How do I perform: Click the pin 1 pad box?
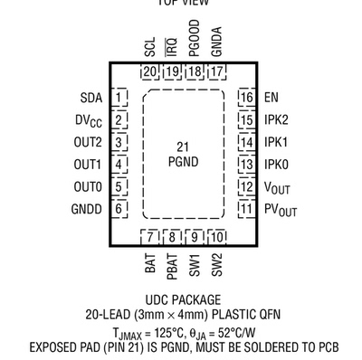[x=119, y=97]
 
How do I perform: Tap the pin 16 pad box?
[x=245, y=97]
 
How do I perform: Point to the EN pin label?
[x=271, y=97]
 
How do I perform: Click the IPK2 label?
[x=277, y=118]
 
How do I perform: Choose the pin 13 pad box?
[x=245, y=164]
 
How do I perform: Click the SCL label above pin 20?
[x=149, y=46]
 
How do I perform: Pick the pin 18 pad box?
[x=194, y=72]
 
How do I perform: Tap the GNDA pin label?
[x=215, y=43]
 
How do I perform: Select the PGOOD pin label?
[x=194, y=40]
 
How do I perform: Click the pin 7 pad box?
[x=150, y=237]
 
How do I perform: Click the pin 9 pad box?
[x=194, y=237]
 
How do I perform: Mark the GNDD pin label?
[x=88, y=208]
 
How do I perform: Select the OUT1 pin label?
[x=88, y=164]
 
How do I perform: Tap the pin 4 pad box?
[x=119, y=164]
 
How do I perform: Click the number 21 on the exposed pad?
[x=182, y=146]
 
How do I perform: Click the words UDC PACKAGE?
[x=182, y=298]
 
